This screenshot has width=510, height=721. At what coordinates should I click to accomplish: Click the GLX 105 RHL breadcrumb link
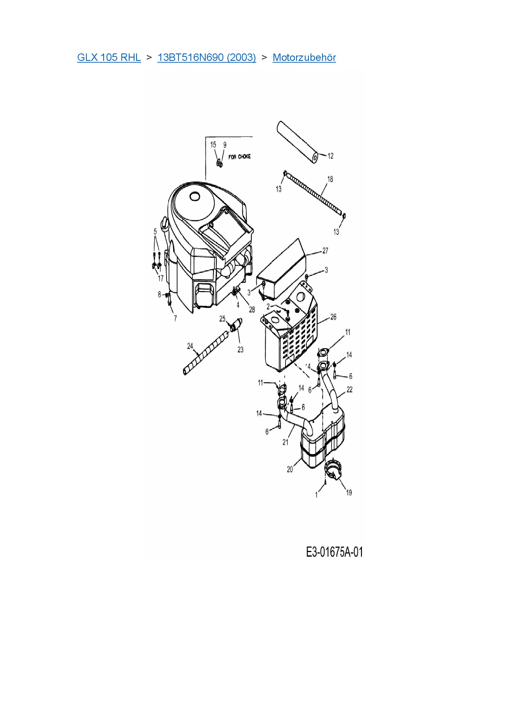click(109, 58)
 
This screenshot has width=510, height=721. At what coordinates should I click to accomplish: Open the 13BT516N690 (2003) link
click(206, 58)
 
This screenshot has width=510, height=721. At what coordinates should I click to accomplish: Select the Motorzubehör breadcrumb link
click(304, 58)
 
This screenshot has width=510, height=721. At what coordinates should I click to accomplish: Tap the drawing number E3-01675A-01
click(334, 552)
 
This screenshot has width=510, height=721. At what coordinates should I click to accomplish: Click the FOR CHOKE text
click(239, 157)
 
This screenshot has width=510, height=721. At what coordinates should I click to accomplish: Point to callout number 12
click(330, 156)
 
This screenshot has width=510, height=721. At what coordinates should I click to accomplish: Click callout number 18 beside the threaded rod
click(330, 179)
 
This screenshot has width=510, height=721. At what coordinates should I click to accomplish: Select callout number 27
click(325, 251)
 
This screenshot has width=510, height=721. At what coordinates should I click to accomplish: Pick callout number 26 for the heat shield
click(333, 317)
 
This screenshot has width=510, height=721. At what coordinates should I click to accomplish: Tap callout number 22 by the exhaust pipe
click(349, 389)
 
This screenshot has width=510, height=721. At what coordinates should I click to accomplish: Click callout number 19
click(349, 492)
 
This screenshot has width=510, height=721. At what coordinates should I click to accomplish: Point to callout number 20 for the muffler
click(290, 469)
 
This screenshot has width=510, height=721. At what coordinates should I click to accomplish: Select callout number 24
click(190, 346)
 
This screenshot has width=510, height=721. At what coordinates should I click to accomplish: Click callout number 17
click(161, 278)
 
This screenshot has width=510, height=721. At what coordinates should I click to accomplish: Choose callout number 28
click(252, 310)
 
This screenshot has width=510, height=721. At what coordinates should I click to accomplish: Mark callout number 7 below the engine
click(175, 318)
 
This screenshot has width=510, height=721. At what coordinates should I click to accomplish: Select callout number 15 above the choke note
click(213, 145)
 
